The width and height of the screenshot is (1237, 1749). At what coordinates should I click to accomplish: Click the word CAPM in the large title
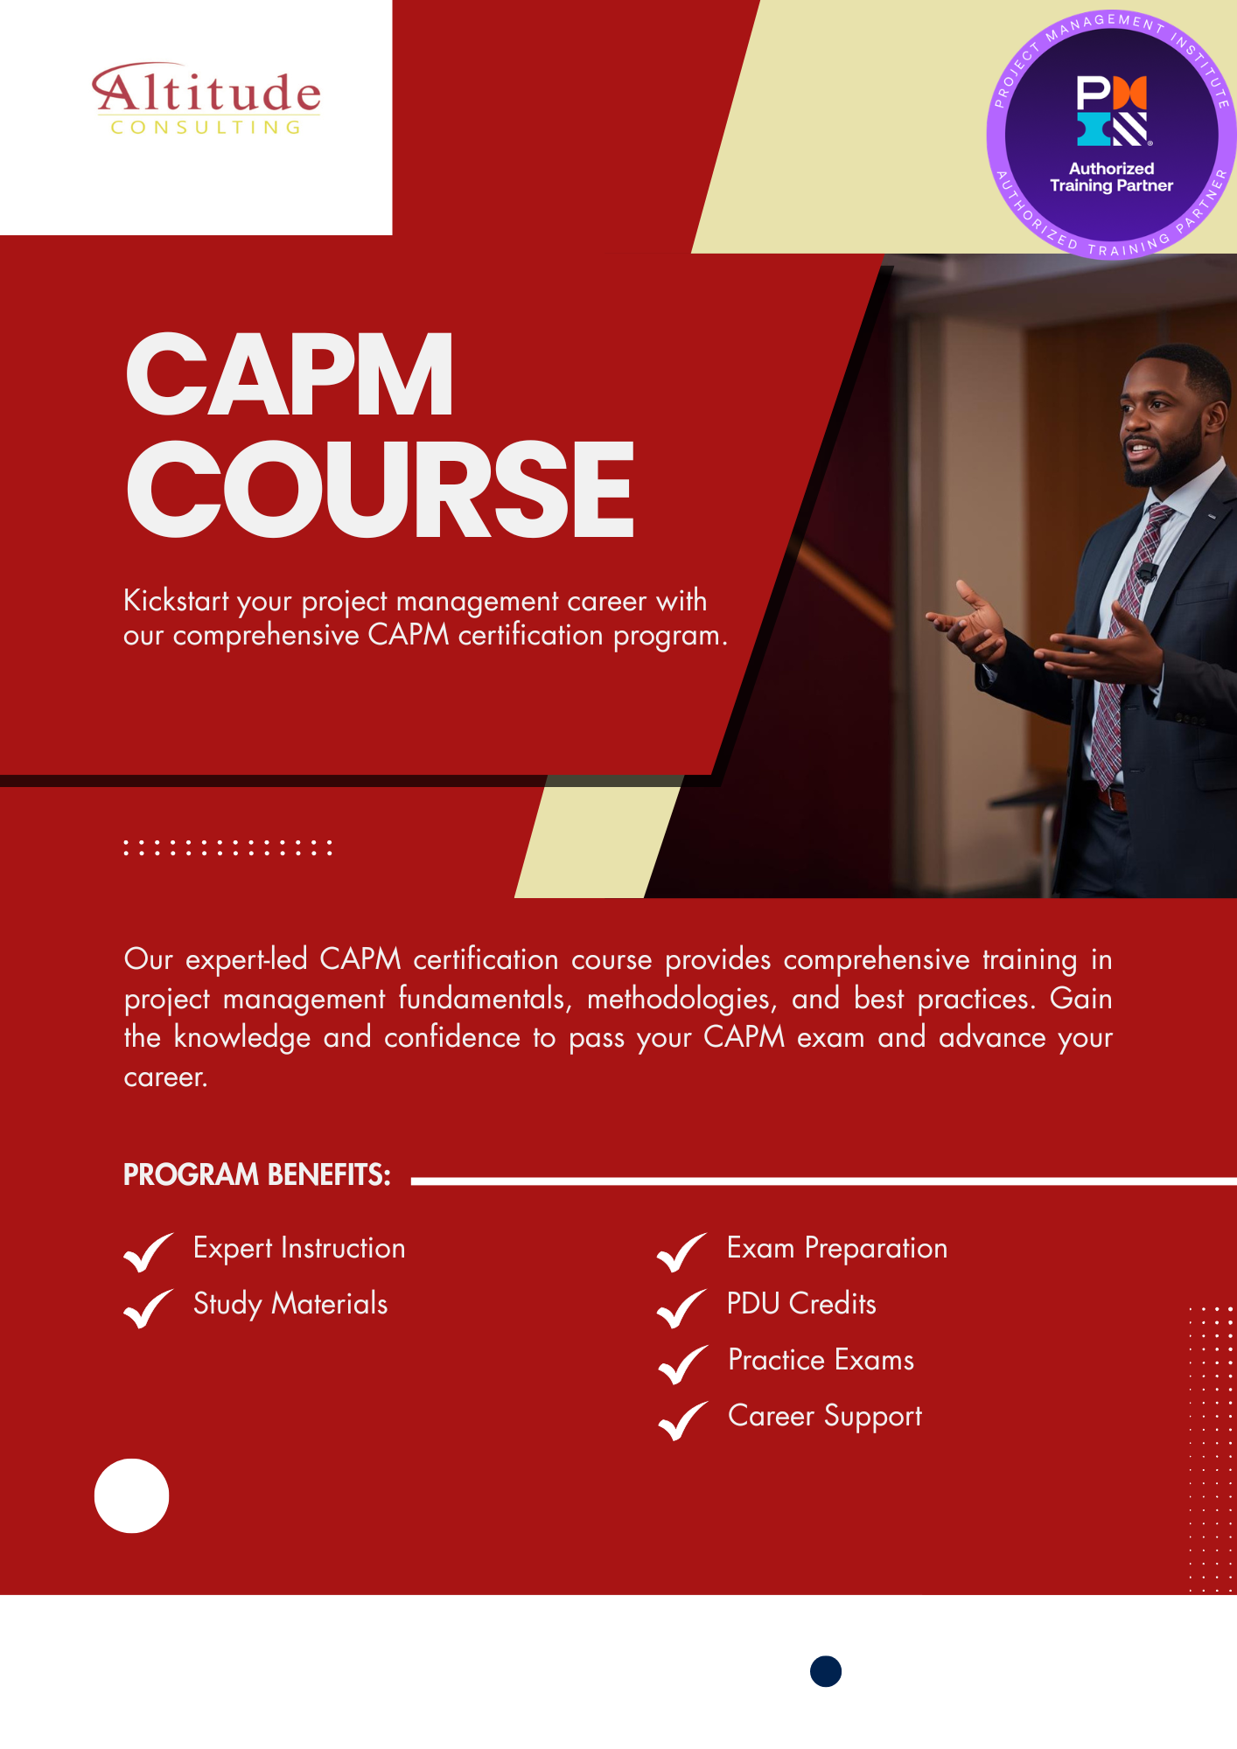(x=290, y=375)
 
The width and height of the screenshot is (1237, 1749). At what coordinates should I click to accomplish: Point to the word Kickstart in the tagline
(x=176, y=601)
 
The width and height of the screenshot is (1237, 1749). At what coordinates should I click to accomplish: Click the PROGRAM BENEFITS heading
(x=256, y=1174)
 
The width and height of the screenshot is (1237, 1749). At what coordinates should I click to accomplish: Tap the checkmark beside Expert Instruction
(x=148, y=1251)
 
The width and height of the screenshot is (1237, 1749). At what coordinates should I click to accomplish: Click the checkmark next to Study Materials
(x=148, y=1308)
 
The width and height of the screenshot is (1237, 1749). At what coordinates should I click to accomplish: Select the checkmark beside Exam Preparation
(x=681, y=1251)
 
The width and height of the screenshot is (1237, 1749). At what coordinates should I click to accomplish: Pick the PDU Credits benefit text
(x=801, y=1303)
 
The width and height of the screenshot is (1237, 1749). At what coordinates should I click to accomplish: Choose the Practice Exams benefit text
(x=821, y=1360)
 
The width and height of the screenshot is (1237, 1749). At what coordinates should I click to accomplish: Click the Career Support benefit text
(x=824, y=1416)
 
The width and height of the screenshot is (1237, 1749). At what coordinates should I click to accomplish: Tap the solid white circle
(x=131, y=1495)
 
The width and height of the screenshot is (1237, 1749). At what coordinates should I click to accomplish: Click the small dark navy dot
(x=826, y=1671)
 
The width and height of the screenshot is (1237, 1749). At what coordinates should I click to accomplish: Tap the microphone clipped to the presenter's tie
(x=1147, y=574)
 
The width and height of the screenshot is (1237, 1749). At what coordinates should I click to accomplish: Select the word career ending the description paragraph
(x=164, y=1077)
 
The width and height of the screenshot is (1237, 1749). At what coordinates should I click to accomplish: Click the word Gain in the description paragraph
(x=1080, y=998)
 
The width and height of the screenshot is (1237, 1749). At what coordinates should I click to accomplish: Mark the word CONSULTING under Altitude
(x=206, y=128)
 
